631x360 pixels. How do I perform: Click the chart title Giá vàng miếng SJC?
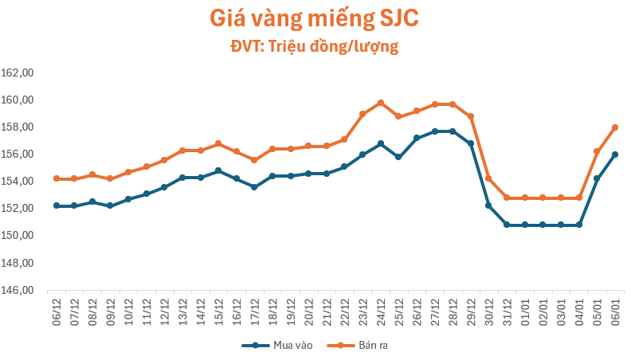[x=315, y=18]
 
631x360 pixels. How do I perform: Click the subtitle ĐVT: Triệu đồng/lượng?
[x=315, y=47]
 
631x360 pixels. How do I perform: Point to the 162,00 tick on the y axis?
[x=18, y=73]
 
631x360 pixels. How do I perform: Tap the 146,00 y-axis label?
[x=18, y=291]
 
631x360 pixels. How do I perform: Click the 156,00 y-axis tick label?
[x=18, y=155]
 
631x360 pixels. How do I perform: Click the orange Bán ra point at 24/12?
[x=381, y=103]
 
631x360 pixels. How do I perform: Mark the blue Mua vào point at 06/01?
[x=615, y=155]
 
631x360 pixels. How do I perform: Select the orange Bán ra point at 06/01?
[x=615, y=127]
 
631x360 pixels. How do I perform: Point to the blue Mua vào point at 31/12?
[x=507, y=225]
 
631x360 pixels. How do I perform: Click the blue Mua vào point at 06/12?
[x=57, y=205]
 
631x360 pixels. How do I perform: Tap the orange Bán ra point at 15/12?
[x=218, y=143]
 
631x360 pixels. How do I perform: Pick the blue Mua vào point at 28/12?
[x=453, y=131]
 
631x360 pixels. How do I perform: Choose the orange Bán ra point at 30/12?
[x=488, y=178]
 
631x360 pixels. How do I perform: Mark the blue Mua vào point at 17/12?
[x=254, y=187]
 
